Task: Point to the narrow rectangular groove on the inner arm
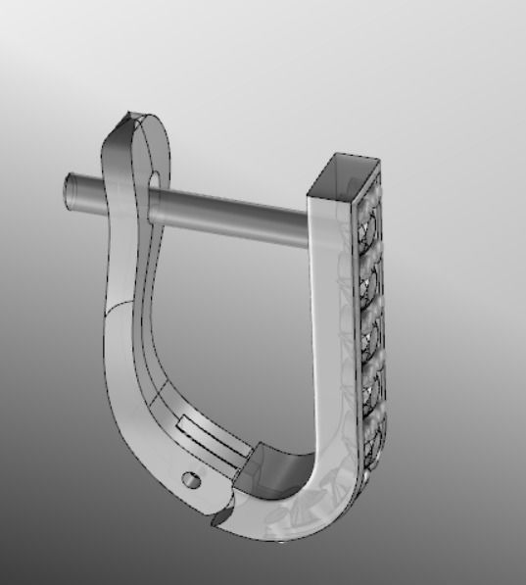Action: click(x=209, y=437)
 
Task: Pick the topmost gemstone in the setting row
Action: click(x=366, y=226)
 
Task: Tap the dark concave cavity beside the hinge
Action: click(x=275, y=467)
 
